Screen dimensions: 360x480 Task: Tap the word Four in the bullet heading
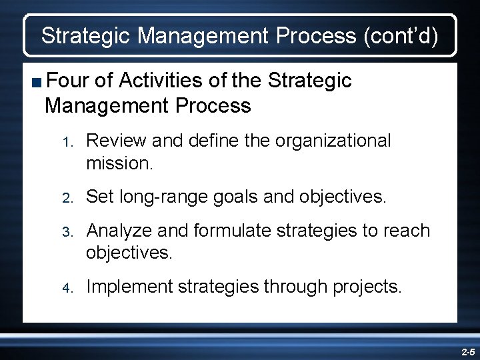(69, 81)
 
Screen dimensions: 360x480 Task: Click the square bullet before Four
(36, 82)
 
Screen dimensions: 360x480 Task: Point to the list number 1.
(66, 141)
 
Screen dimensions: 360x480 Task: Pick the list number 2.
(66, 197)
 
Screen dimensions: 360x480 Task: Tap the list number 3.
(66, 231)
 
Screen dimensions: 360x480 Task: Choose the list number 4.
(66, 287)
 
